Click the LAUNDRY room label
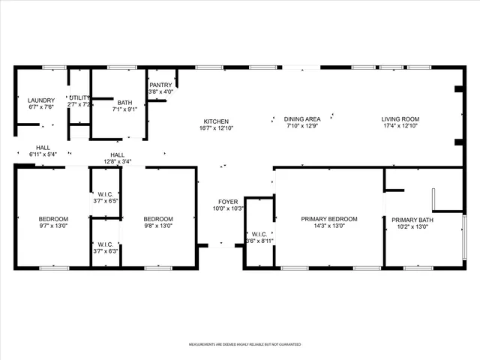tap(40, 100)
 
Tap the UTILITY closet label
tap(79, 97)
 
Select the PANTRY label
tap(160, 85)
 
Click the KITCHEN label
tap(216, 121)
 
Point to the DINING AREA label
tap(302, 118)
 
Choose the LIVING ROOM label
tap(400, 118)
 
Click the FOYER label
tap(227, 202)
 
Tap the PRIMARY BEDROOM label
tap(328, 219)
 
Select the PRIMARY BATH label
tap(415, 219)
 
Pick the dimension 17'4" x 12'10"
tap(400, 126)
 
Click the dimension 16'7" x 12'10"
tap(216, 129)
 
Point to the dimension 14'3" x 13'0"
tap(328, 226)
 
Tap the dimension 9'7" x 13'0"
tap(54, 226)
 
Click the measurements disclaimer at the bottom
tap(240, 344)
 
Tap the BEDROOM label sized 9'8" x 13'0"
tap(158, 219)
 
